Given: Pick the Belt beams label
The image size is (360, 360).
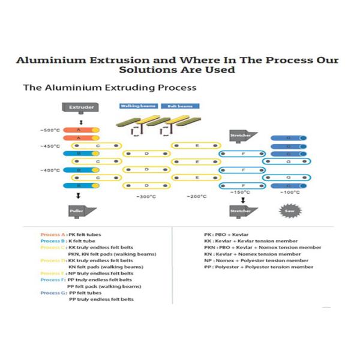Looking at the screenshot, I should click(x=179, y=106).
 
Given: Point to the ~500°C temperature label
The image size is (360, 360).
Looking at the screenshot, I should click(x=50, y=130).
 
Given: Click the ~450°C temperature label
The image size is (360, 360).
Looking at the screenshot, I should click(x=50, y=146).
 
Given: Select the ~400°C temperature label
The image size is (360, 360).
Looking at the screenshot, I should click(x=50, y=170).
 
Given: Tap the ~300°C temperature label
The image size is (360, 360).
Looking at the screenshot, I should click(x=146, y=197).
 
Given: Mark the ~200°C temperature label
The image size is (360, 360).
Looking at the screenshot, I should click(x=196, y=197).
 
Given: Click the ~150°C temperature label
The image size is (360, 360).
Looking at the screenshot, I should click(x=241, y=192).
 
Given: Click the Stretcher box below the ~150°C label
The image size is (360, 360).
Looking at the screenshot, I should click(x=243, y=211).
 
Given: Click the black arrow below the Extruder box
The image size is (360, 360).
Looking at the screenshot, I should click(x=81, y=121).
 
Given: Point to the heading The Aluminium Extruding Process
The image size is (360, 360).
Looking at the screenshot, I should click(x=109, y=88).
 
